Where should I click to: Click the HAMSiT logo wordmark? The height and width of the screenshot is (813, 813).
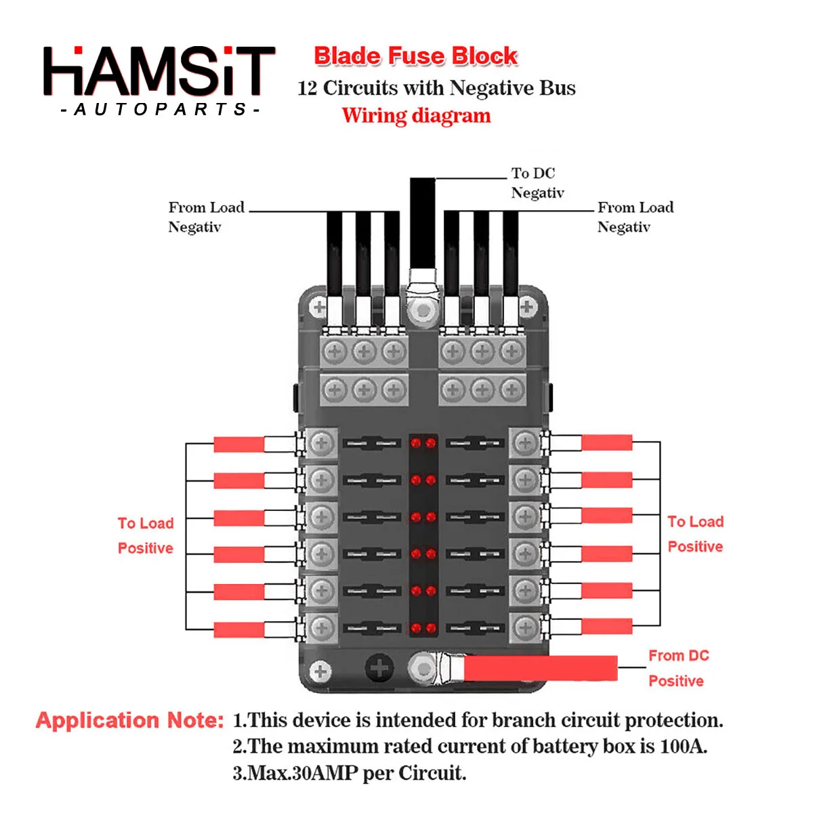(159, 70)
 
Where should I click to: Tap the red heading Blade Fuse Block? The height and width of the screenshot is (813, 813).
(416, 56)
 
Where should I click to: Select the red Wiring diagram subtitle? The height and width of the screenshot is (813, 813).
(416, 116)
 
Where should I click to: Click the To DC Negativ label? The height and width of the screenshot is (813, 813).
(537, 183)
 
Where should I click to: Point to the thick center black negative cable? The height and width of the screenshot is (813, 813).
(423, 224)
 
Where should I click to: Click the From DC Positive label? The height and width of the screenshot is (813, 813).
(678, 668)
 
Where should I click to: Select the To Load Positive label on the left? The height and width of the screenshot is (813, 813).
(146, 535)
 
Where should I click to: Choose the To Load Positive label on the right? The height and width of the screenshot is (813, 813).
(695, 534)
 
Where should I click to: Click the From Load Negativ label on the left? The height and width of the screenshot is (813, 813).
(206, 217)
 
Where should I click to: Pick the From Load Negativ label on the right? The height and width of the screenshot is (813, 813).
(635, 217)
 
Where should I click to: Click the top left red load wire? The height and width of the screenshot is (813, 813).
(238, 444)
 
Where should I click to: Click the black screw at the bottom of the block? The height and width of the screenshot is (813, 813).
(379, 668)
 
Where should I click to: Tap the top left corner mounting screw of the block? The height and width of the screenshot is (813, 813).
(318, 308)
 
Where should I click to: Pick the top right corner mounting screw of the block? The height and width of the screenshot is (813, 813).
(527, 308)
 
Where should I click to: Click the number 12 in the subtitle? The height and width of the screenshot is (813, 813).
(307, 88)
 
